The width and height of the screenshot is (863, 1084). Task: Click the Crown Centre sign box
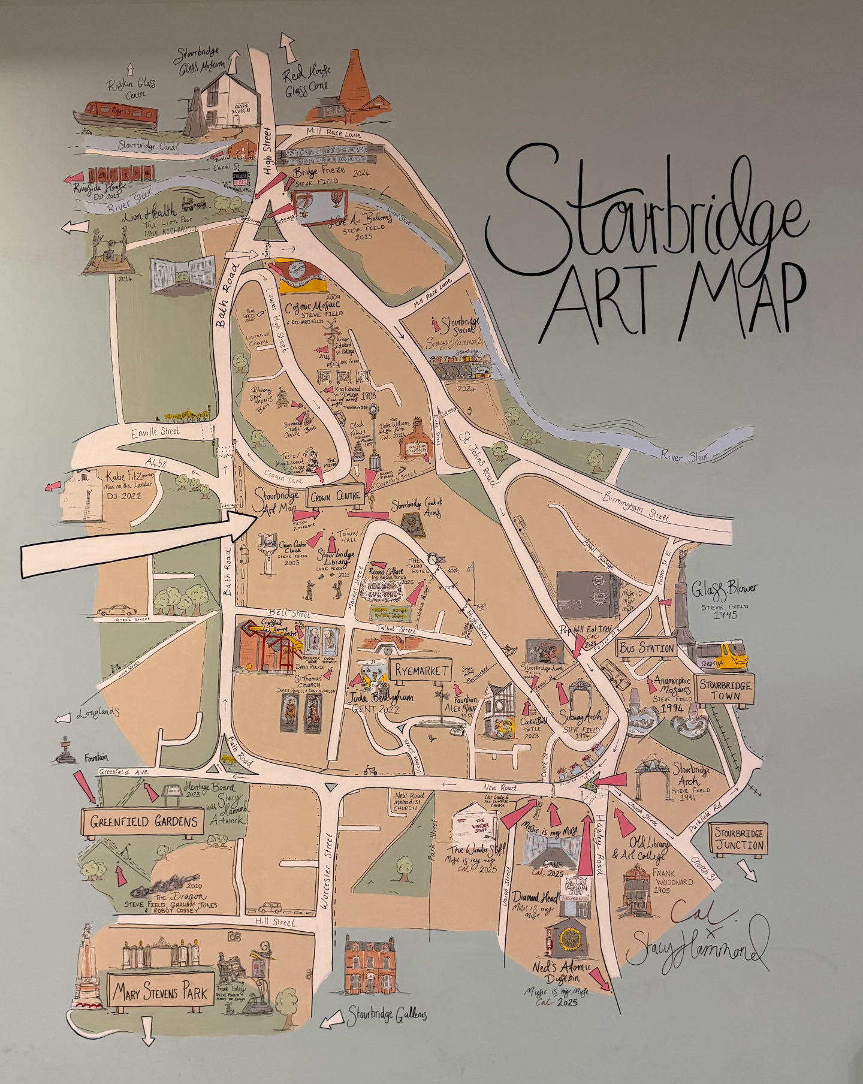click(x=335, y=496)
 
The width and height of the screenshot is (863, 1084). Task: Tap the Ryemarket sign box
click(x=420, y=671)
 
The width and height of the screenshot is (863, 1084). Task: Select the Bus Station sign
click(x=647, y=648)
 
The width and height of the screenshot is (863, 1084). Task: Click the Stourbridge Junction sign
click(x=738, y=839)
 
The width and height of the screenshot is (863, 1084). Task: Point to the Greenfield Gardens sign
click(x=143, y=821)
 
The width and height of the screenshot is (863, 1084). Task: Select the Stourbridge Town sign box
click(x=726, y=690)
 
